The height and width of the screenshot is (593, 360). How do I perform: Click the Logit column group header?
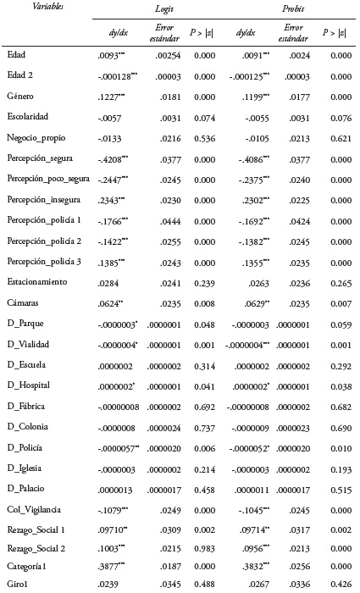163,8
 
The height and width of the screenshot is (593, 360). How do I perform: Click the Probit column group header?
295,8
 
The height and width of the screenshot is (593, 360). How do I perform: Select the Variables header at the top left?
25,7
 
